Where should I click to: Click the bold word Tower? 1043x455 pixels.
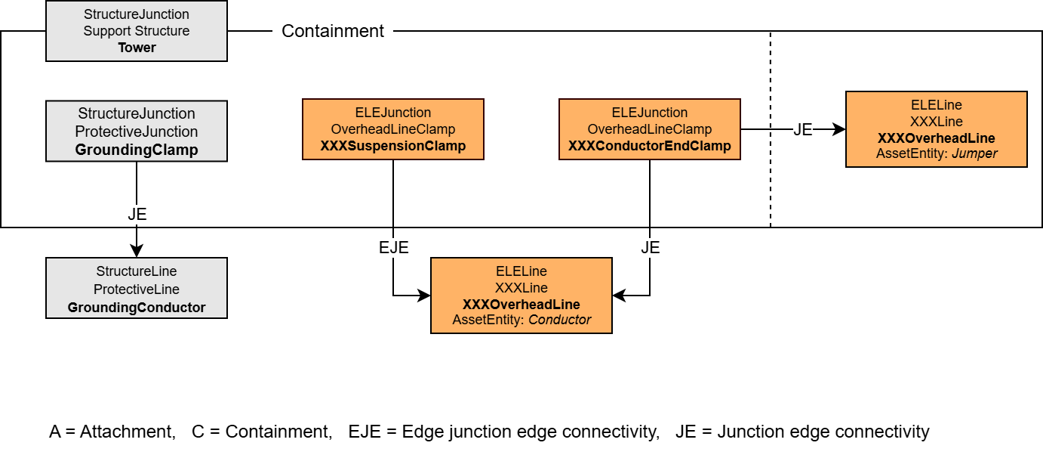tap(137, 48)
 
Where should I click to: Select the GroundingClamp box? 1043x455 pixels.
tap(137, 131)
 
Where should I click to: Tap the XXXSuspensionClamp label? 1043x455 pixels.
tap(392, 146)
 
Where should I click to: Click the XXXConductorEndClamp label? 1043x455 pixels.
tap(649, 146)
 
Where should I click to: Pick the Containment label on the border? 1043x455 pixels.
tap(332, 31)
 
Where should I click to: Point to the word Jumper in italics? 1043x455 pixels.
tap(975, 153)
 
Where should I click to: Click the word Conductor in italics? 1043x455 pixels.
tap(559, 320)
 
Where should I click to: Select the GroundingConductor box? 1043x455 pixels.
tap(137, 288)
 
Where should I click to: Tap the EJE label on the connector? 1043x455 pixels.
tap(393, 247)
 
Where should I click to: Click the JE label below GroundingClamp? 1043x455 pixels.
tap(137, 214)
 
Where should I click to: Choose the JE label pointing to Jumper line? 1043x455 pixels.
tap(802, 130)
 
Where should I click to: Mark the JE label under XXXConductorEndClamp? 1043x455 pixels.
tap(650, 247)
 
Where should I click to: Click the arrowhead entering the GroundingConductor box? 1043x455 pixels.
tap(137, 252)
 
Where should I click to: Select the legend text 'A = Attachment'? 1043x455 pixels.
tap(112, 432)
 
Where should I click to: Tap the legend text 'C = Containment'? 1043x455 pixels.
tap(262, 432)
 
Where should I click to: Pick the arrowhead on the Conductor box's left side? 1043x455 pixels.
tap(424, 296)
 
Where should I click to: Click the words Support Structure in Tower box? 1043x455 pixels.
tap(137, 31)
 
